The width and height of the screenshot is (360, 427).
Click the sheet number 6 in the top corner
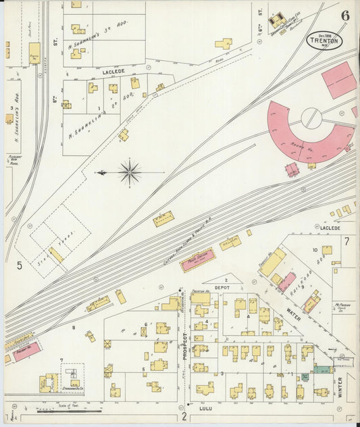[345, 16]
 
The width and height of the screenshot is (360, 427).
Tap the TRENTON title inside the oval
[324, 41]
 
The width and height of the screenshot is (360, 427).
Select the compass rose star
[129, 172]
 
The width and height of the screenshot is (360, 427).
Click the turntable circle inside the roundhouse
[310, 118]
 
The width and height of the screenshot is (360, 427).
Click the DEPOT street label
[222, 287]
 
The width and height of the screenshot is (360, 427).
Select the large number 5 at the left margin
[20, 265]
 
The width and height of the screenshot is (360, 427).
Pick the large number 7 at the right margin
[346, 241]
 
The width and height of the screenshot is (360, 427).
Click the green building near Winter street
[322, 370]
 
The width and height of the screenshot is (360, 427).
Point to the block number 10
[315, 250]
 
